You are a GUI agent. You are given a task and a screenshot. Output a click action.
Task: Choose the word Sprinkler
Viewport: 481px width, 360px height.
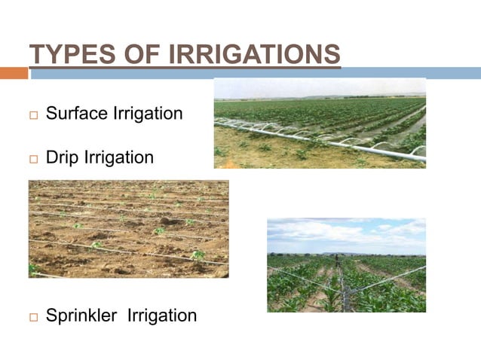(81, 315)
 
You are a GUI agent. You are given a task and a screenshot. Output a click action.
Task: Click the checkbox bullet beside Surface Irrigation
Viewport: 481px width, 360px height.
(33, 115)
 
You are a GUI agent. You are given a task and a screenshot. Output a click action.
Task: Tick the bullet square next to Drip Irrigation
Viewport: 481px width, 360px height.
(33, 160)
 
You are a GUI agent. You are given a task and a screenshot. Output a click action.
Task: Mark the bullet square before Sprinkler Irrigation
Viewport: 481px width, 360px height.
(33, 316)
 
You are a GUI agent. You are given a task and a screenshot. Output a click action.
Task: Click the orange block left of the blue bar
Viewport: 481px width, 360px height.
(14, 73)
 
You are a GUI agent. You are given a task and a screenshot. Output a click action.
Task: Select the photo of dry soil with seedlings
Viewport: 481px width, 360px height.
(128, 229)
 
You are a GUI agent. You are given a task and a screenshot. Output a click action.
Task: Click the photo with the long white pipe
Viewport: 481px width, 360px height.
(320, 123)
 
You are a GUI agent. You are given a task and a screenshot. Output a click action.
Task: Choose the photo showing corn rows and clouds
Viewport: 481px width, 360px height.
(346, 265)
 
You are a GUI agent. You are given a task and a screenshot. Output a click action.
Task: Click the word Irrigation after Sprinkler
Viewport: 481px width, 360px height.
(162, 315)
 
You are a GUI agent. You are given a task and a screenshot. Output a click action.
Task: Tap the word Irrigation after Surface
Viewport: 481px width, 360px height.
(148, 114)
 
